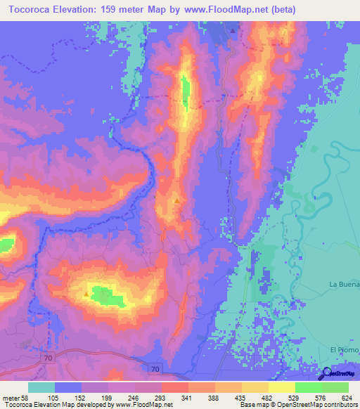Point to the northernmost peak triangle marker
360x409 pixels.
233,30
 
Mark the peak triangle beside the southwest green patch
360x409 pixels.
87,294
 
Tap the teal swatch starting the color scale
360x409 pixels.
41,387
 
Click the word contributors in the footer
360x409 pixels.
340,405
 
